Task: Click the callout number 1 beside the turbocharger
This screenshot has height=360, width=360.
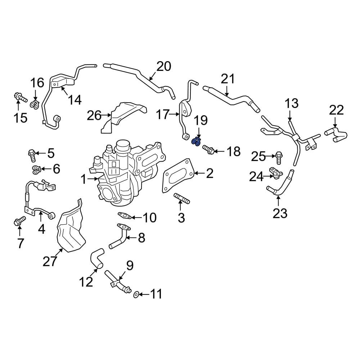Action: (84, 179)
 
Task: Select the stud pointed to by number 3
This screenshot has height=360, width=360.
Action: (181, 198)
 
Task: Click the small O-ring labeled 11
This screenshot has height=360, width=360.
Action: (136, 295)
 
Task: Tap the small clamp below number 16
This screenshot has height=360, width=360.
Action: (35, 105)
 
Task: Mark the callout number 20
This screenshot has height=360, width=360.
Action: (164, 67)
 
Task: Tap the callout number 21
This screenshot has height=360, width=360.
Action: (228, 79)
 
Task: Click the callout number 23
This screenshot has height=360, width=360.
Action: (280, 213)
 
